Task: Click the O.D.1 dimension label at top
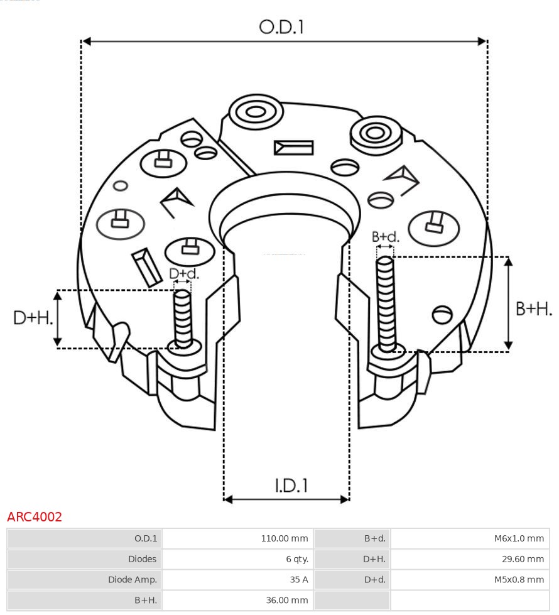tap(281, 27)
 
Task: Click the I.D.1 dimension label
tap(291, 486)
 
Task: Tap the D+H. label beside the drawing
tap(33, 318)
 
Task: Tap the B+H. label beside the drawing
tap(534, 308)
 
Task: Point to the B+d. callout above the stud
tap(385, 237)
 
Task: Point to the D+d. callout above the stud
tap(183, 274)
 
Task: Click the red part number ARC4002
tap(35, 517)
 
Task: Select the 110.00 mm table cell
tap(285, 538)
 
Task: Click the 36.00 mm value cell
tap(286, 601)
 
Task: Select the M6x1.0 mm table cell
tap(519, 538)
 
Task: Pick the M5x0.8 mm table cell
tap(519, 580)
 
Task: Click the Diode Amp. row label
tap(133, 580)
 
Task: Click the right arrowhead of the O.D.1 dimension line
tap(482, 41)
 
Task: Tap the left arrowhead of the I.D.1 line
tap(229, 499)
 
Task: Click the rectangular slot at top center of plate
tap(293, 148)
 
